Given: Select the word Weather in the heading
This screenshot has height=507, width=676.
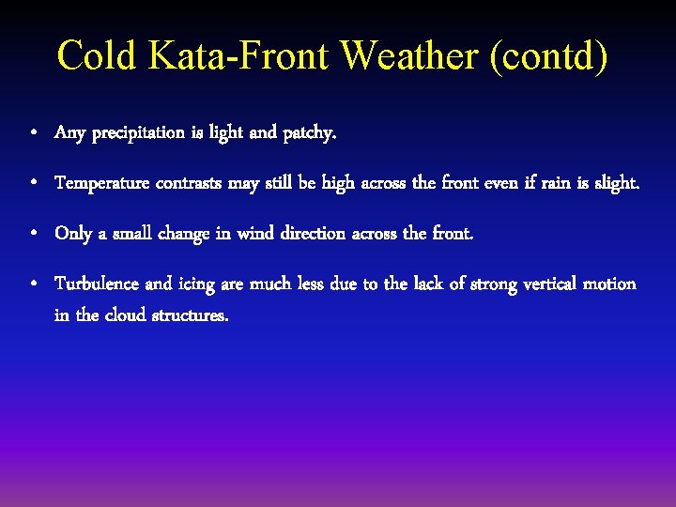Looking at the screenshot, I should pyautogui.click(x=409, y=55).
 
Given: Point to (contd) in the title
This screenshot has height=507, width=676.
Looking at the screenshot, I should pyautogui.click(x=548, y=55).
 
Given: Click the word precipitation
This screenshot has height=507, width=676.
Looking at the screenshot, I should pyautogui.click(x=139, y=133).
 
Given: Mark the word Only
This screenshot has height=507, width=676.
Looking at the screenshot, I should pyautogui.click(x=73, y=233).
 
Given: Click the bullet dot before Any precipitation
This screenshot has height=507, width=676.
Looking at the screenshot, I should pyautogui.click(x=33, y=134).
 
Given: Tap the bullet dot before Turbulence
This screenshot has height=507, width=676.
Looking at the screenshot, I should pyautogui.click(x=33, y=284).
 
